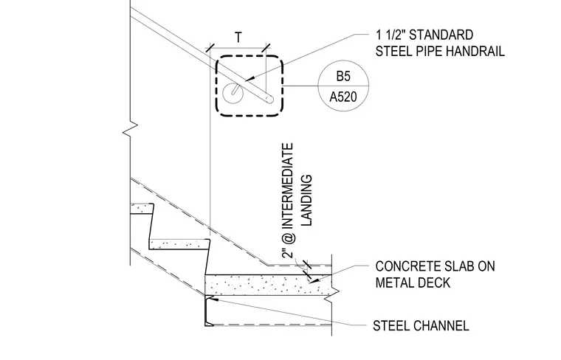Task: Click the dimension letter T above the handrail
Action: coord(238,37)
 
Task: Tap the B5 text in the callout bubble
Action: coord(343,76)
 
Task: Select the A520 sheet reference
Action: coord(343,97)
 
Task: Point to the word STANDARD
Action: coord(441,35)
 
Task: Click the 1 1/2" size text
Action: coord(390,35)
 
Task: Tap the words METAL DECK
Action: coord(413,283)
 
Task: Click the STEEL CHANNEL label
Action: coord(421,325)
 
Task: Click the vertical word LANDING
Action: coord(307,200)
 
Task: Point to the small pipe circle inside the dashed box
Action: coord(233,93)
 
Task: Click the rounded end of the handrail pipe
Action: coord(270,99)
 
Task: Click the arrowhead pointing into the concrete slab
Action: coord(314,280)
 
